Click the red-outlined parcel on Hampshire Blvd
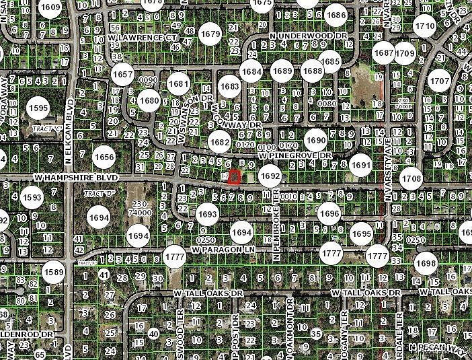234,178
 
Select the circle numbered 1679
210,33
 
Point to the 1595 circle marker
38,108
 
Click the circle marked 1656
104,157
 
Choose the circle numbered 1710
424,28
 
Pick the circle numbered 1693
207,214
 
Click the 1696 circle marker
329,213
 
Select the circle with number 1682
219,142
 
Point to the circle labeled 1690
315,141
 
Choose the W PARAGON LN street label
224,249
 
